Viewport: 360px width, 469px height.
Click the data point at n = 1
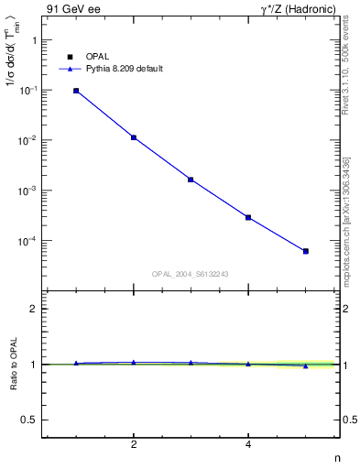pyautogui.click(x=76, y=91)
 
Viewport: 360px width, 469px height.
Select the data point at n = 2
pyautogui.click(x=134, y=137)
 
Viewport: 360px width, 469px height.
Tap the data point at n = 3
pyautogui.click(x=191, y=180)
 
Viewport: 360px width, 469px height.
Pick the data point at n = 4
pyautogui.click(x=248, y=217)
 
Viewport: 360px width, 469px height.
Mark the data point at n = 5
pyautogui.click(x=306, y=251)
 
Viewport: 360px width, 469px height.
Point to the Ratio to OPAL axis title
pyautogui.click(x=12, y=365)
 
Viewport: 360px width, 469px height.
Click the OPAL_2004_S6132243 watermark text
pyautogui.click(x=190, y=273)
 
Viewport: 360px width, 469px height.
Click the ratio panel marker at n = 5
pyautogui.click(x=306, y=365)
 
